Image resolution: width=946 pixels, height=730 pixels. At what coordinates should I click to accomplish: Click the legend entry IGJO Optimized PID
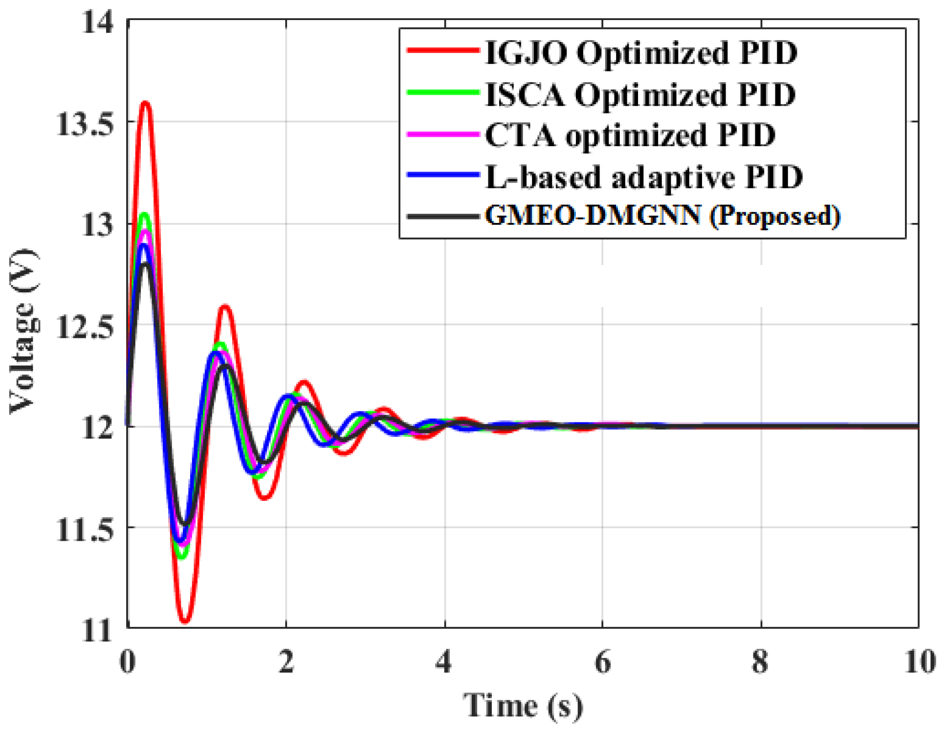click(x=641, y=52)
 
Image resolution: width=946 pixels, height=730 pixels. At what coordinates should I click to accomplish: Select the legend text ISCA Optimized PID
click(x=640, y=94)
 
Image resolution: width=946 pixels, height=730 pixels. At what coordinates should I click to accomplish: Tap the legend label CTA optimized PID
click(x=630, y=135)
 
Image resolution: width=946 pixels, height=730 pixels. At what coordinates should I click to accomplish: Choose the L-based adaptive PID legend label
click(x=644, y=177)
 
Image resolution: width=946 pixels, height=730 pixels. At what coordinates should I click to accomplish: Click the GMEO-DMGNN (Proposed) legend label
click(x=662, y=215)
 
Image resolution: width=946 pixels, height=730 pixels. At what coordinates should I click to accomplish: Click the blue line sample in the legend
click(x=442, y=175)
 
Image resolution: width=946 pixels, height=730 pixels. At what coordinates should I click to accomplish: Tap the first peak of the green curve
click(x=144, y=214)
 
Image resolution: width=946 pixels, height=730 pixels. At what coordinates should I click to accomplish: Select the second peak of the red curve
click(x=224, y=307)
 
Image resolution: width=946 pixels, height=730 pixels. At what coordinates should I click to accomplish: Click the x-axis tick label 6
click(x=603, y=662)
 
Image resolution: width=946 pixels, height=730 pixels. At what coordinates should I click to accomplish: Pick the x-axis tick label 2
click(x=286, y=662)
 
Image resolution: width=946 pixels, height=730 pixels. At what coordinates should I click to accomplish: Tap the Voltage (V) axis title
click(x=23, y=332)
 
